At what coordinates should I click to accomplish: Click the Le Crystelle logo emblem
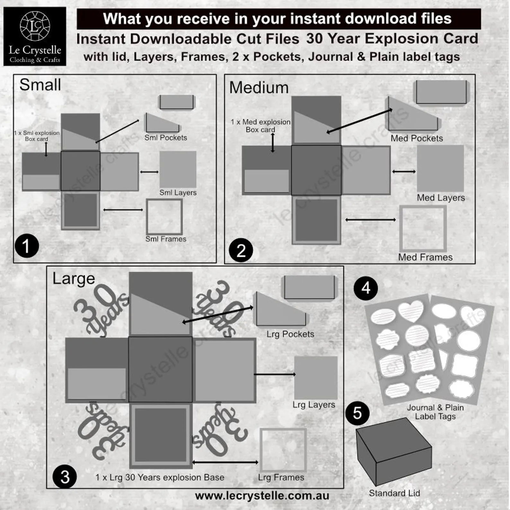coord(35,26)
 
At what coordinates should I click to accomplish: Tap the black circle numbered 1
coord(27,246)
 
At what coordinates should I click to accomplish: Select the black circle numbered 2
coord(241,251)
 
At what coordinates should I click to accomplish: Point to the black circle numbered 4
coord(366,288)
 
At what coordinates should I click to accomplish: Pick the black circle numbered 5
coord(357,413)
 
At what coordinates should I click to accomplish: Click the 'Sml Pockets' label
coord(166,138)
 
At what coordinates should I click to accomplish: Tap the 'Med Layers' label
coord(441,198)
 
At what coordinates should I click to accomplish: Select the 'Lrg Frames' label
coord(281,478)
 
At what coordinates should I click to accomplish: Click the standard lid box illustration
coord(394,452)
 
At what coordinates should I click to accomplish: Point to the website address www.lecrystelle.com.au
coord(262,496)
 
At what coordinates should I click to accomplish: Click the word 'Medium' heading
coord(259,88)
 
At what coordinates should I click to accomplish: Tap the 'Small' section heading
coord(40,85)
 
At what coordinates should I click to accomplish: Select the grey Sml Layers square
coord(178,169)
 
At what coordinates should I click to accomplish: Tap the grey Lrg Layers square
coord(316,378)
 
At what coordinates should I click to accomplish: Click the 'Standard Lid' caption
coord(394,493)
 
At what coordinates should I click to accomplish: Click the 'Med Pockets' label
coord(417,138)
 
